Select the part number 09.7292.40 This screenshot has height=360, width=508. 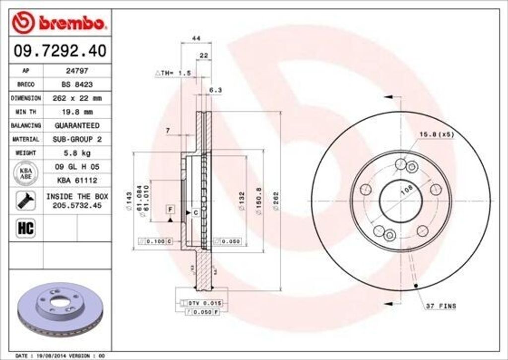point(59,51)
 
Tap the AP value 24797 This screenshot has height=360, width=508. point(77,71)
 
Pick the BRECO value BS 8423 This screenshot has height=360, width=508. point(77,84)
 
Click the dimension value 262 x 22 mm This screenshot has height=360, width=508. point(77,98)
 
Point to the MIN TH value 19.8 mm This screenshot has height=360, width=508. point(77,112)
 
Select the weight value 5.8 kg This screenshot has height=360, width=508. point(77,153)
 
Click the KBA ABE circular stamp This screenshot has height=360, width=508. point(26,173)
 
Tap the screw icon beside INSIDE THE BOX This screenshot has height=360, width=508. point(25,200)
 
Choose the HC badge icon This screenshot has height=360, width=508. point(25,228)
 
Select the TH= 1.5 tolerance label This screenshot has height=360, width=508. point(174,73)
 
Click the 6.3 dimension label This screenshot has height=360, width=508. point(215,90)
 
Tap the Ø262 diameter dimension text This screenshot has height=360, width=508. point(276,202)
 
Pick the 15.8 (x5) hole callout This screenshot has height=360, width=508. point(437,134)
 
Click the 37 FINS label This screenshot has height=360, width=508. point(441,306)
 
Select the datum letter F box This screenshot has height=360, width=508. point(170,209)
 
